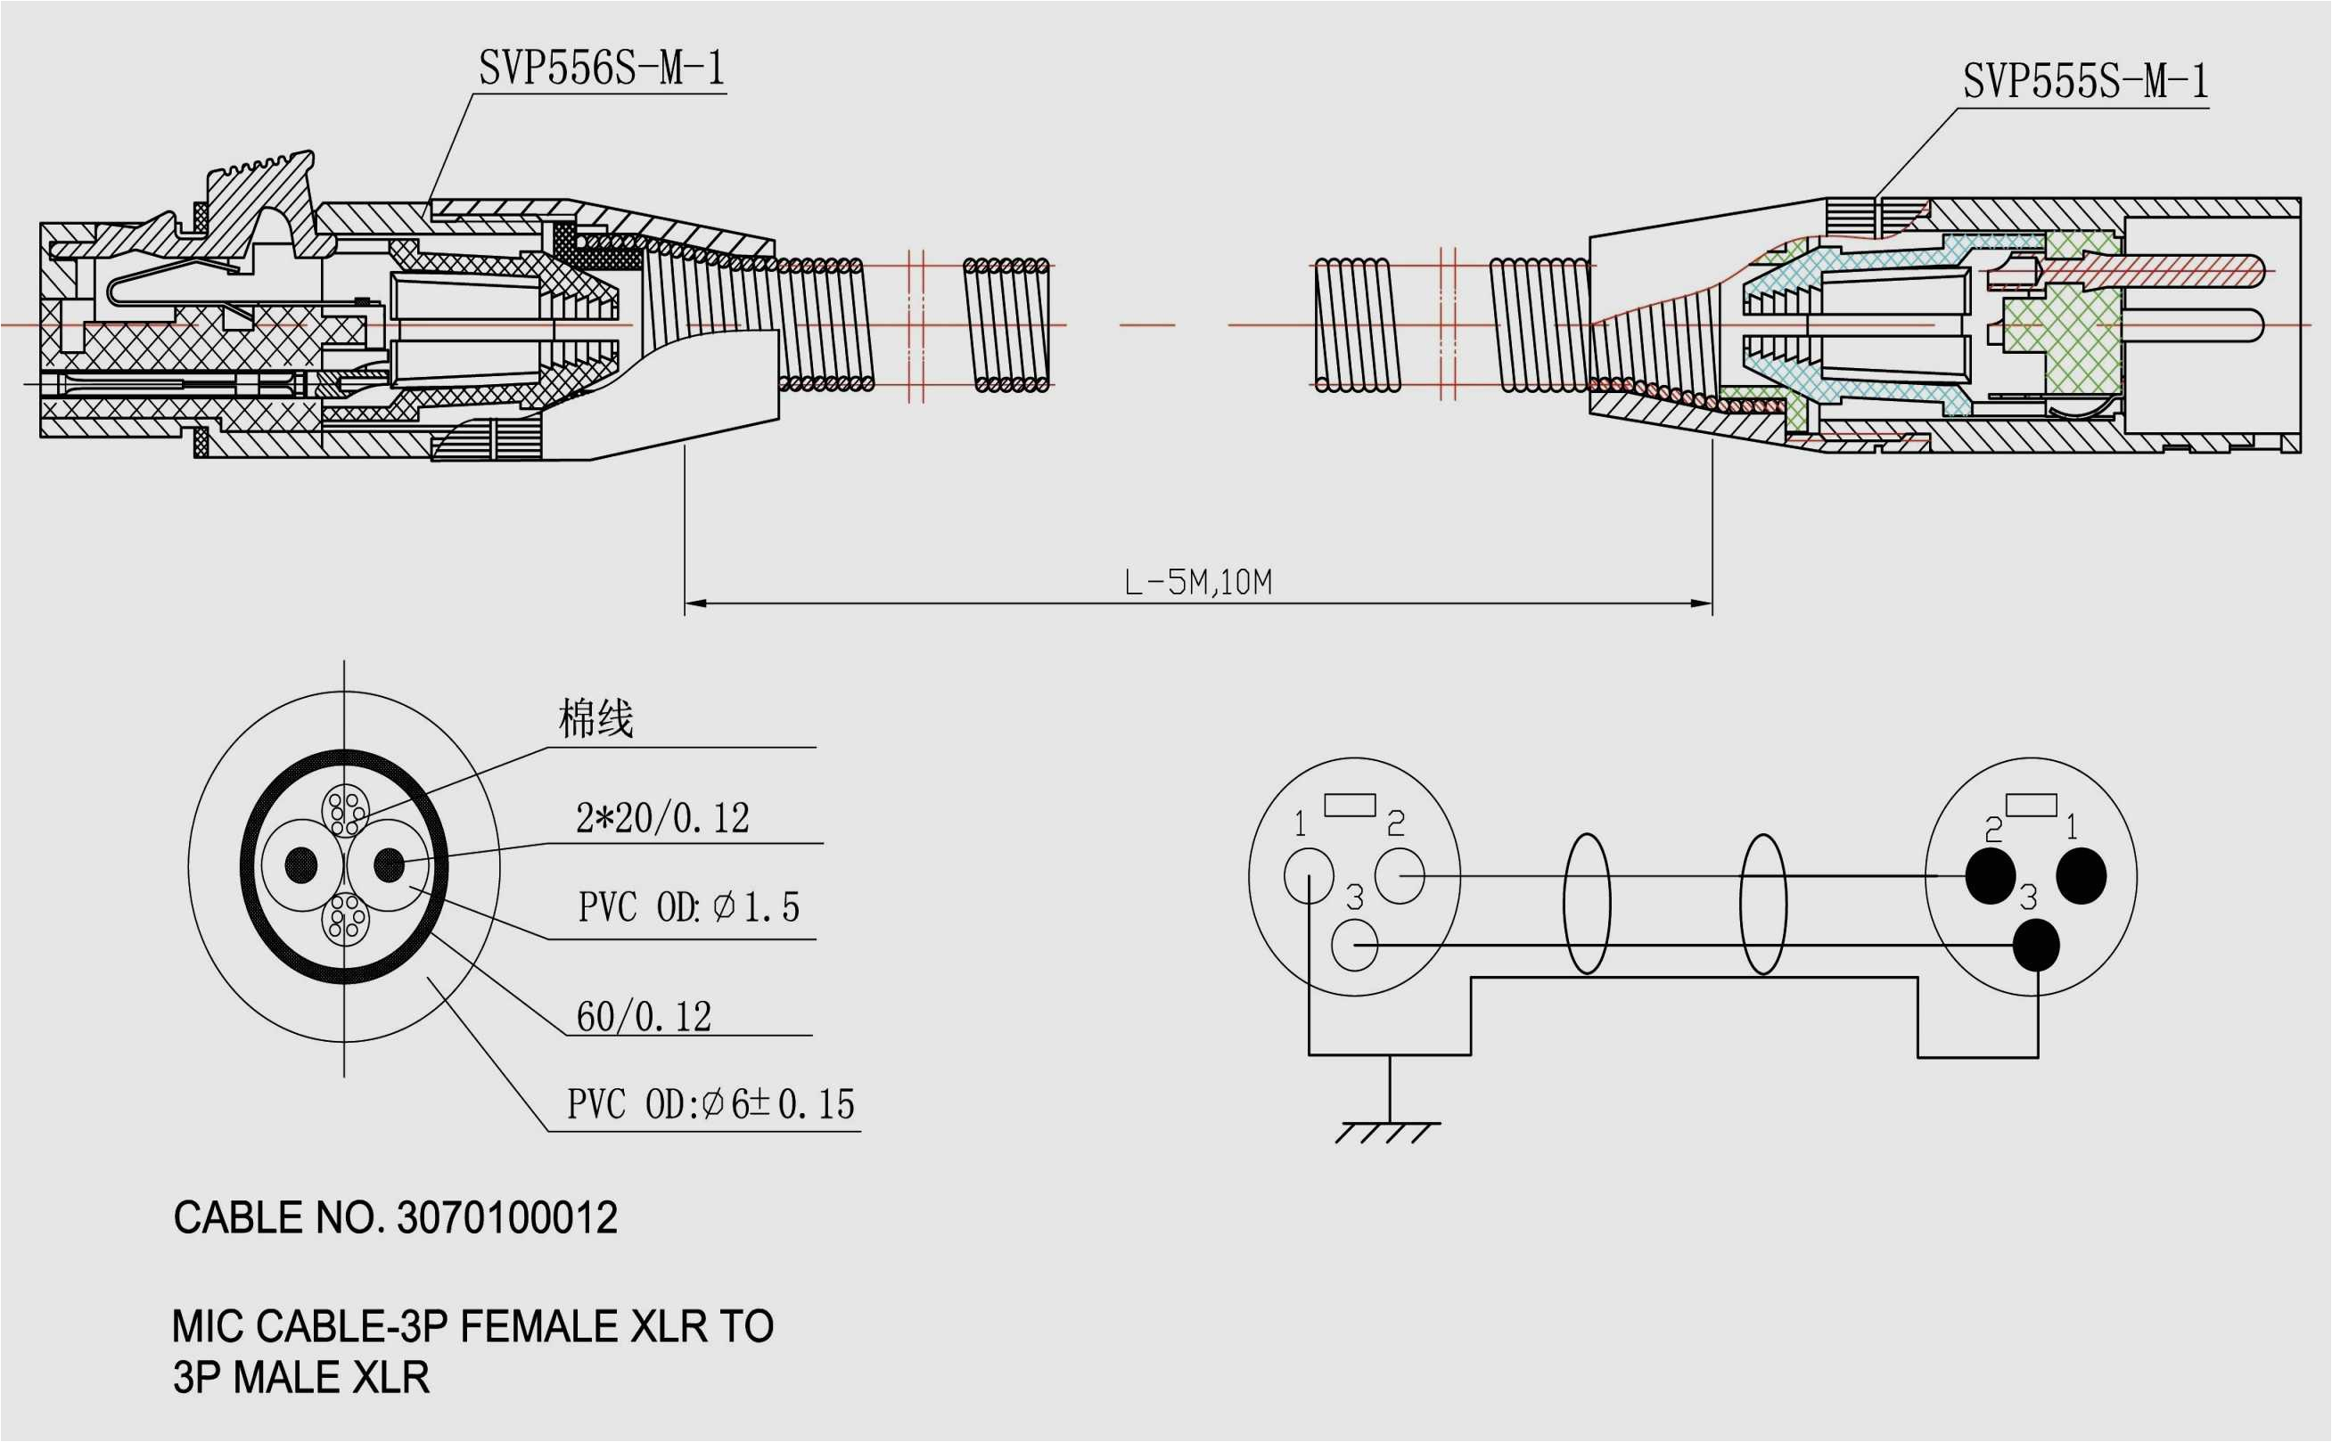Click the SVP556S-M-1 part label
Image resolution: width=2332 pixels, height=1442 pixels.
coord(602,69)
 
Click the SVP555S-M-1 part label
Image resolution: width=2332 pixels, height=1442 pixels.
coord(2085,82)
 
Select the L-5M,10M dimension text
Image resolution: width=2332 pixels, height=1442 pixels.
coord(1197,582)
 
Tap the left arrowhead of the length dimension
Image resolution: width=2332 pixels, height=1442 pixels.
coord(695,602)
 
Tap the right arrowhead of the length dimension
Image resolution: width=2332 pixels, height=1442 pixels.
coord(1701,602)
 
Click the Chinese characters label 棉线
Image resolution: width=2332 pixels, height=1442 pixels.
coord(595,718)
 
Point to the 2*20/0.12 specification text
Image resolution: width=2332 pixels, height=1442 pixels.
coord(662,818)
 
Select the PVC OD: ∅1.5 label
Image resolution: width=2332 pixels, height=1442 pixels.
coord(688,907)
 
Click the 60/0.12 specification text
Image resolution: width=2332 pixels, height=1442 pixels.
coord(644,1017)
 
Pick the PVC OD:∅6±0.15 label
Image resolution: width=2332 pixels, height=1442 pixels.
coord(710,1104)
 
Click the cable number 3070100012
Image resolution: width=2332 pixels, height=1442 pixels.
coord(506,1218)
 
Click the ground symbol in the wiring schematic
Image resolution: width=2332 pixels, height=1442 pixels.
coord(1389,1131)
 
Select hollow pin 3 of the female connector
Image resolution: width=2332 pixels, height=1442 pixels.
coord(1353,945)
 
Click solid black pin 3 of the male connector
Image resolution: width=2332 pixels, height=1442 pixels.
coord(2035,945)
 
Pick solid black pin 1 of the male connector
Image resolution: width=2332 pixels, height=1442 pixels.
coord(2081,875)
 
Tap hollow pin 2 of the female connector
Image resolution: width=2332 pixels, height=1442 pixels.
coord(1400,875)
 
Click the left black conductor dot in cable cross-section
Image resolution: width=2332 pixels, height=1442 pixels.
coord(301,865)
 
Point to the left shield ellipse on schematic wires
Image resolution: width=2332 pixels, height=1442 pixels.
coord(1586,904)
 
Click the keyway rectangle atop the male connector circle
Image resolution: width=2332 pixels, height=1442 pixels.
coord(2031,805)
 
